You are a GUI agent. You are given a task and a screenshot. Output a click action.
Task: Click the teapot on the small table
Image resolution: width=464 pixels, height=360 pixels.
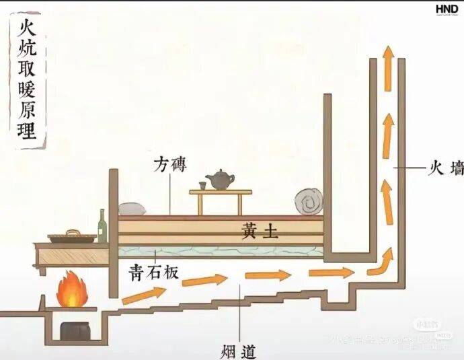(x=220, y=180)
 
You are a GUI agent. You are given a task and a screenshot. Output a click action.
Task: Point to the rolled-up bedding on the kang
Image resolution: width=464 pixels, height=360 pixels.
(x=309, y=201)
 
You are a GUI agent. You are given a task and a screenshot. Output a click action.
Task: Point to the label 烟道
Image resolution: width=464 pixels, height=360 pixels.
(x=238, y=350)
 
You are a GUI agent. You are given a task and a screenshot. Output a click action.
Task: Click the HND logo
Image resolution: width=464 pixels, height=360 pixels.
(x=447, y=9)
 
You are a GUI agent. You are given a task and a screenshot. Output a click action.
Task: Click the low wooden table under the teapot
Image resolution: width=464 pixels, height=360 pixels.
(x=220, y=200)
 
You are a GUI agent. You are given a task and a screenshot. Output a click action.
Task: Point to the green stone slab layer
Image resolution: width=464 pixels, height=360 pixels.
(x=222, y=252)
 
